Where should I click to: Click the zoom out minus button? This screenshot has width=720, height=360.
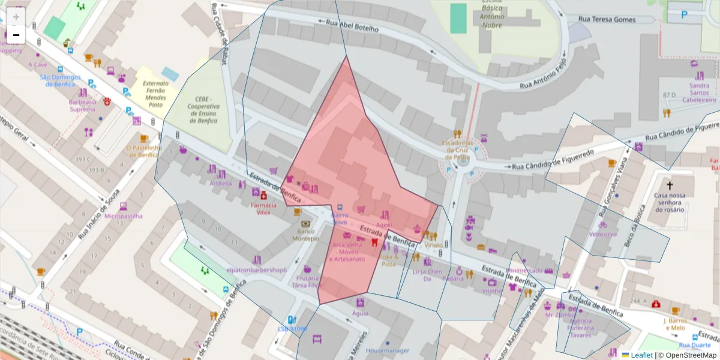click(16, 35)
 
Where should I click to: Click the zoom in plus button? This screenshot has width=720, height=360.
click(16, 16)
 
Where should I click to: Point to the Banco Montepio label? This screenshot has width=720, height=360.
click(305, 235)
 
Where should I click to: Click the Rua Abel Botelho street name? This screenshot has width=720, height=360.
click(352, 26)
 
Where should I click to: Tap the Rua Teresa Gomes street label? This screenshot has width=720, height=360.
click(607, 19)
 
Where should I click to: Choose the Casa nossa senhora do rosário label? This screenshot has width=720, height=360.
click(670, 202)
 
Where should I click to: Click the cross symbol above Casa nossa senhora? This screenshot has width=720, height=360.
click(670, 186)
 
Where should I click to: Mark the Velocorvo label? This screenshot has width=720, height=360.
click(603, 234)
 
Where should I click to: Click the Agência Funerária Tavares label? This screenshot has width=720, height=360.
click(580, 328)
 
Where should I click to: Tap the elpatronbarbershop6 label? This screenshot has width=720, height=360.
click(256, 270)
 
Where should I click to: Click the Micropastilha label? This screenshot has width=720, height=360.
click(124, 215)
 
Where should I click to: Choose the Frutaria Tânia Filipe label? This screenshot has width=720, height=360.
click(308, 282)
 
